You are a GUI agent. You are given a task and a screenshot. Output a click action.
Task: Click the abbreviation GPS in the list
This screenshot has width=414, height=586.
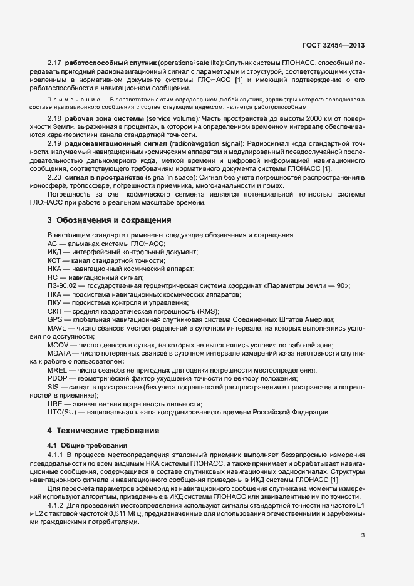point(54,318)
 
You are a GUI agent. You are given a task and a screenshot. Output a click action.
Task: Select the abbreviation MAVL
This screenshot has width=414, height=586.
point(57,328)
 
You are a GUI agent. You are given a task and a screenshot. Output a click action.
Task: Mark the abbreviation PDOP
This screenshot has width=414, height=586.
point(58,378)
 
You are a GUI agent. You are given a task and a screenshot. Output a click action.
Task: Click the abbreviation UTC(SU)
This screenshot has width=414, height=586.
point(63,411)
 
